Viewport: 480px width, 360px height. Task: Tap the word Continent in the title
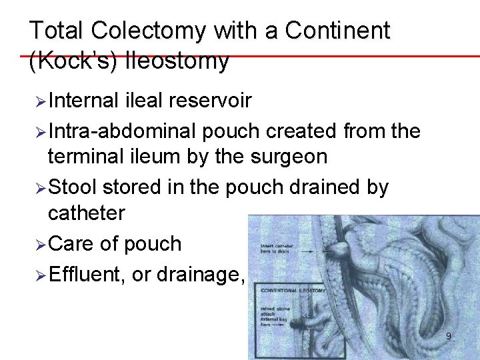coord(337,31)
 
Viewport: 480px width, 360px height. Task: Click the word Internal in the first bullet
coord(83,101)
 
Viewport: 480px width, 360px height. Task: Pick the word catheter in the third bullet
coord(86,213)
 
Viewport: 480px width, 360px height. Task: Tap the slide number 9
coord(448,337)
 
